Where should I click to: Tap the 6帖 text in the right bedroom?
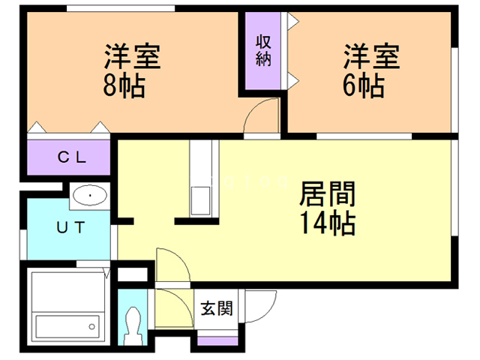coord(364,85)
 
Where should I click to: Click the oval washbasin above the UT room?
coord(91,197)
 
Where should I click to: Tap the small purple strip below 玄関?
coord(216,340)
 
